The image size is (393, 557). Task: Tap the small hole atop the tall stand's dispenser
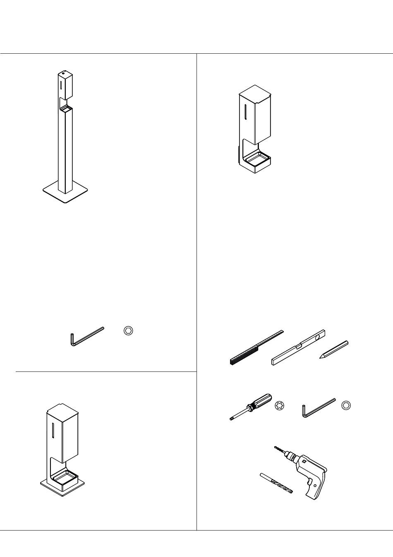pos(62,75)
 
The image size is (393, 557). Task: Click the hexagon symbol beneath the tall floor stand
pos(129,331)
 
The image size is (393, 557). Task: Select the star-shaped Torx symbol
pos(280,407)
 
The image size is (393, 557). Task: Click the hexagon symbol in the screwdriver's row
pos(347,406)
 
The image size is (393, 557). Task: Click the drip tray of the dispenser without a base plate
pos(256,158)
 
